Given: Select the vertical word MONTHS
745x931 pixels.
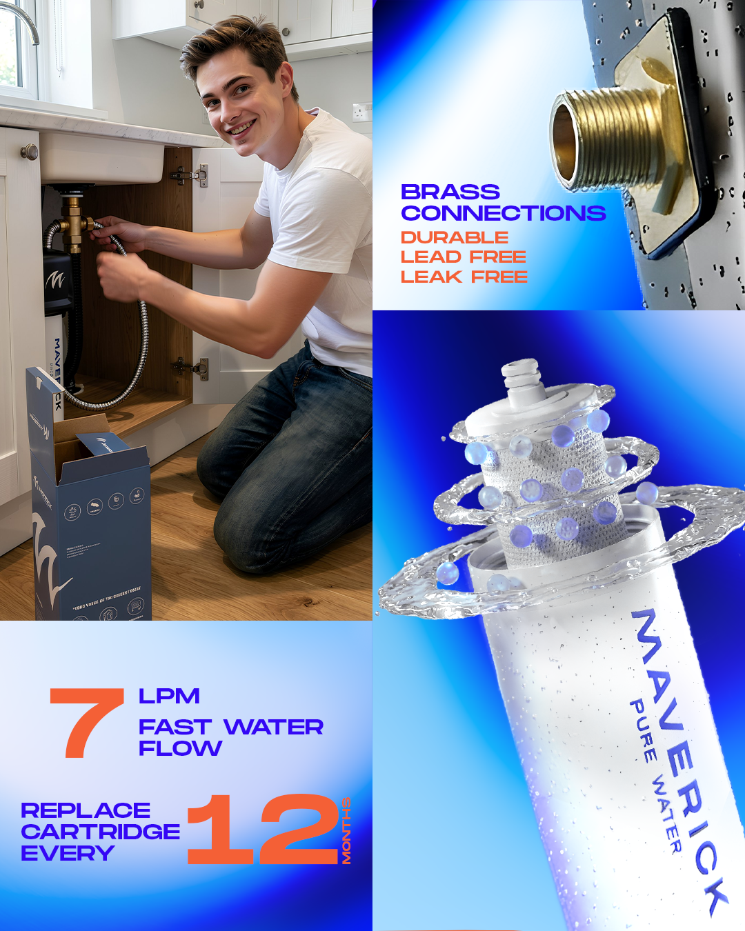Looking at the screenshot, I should pos(346,830).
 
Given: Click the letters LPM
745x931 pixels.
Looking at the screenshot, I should pos(169,697).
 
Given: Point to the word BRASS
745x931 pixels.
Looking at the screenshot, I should pos(450,192).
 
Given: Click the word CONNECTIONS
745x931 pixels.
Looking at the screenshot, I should pos(503,213).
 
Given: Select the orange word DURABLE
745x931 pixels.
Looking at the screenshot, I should pos(455,237).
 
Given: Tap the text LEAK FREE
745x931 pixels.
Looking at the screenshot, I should pos(464,277).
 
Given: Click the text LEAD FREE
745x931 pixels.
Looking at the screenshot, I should pos(463,257).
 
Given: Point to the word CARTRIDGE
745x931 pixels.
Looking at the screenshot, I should pos(100,832).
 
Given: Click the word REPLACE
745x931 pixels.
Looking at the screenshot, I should pos(86,810).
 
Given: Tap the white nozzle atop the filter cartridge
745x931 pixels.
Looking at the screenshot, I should pos(522,379).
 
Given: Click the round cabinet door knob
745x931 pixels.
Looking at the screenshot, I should pos(28,152).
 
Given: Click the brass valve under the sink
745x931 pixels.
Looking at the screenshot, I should pos(72,221).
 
